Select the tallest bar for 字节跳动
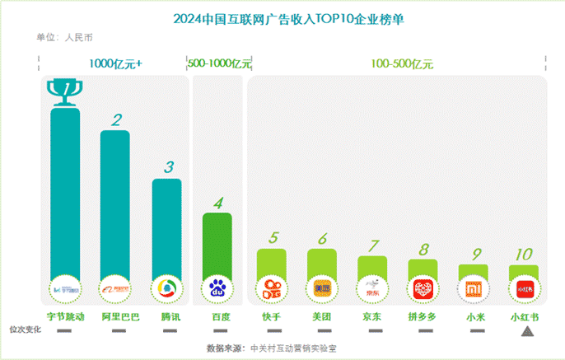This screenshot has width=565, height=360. (65, 189)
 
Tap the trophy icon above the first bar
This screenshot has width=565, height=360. (64, 93)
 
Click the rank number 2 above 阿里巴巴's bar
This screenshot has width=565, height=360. (117, 120)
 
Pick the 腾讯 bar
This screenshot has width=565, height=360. (166, 227)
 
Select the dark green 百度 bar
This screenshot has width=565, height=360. (217, 243)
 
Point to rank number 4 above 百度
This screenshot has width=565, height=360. (217, 202)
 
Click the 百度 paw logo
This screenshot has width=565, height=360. (217, 289)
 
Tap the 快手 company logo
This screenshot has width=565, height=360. (271, 289)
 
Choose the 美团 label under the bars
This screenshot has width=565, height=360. (322, 316)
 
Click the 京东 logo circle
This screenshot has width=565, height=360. (372, 289)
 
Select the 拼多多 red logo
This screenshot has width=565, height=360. (423, 289)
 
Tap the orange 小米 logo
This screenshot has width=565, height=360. (474, 288)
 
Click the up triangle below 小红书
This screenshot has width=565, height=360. (527, 331)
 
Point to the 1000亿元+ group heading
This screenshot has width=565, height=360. (116, 63)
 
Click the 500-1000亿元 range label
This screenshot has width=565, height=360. (219, 63)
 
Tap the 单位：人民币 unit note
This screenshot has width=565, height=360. (64, 37)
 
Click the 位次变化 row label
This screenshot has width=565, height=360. (24, 330)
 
